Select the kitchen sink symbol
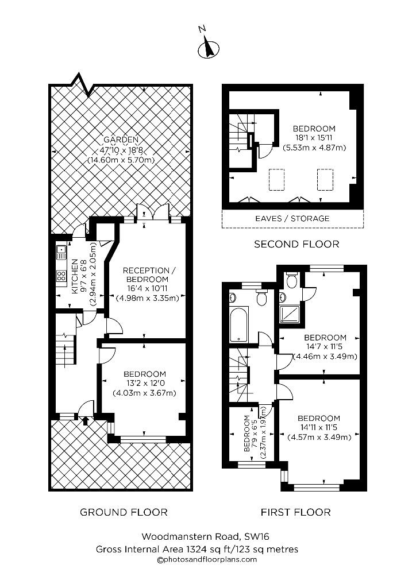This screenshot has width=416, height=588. tap(61, 252)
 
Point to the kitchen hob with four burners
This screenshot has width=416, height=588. tap(61, 276)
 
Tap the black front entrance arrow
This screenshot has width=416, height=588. tap(85, 420)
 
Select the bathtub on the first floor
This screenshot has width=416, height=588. tap(238, 324)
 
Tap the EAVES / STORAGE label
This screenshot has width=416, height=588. tap(292, 218)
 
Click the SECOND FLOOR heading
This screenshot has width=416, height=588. tap(296, 244)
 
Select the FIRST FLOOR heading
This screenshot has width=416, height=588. tap(295, 512)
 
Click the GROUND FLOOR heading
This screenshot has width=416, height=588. tap(124, 512)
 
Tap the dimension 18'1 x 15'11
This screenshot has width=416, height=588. tap(314, 138)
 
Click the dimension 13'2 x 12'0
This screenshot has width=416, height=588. tap(145, 383)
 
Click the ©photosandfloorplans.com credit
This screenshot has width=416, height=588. tap(207, 559)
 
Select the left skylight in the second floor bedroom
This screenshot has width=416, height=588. tap(276, 180)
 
